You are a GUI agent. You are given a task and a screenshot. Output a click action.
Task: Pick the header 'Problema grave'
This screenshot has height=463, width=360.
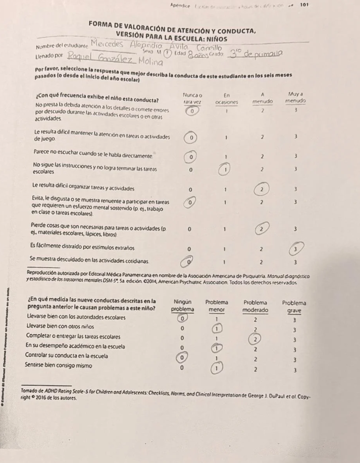pos(295,305)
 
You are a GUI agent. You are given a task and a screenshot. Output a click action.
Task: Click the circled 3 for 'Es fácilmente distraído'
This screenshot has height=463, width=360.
pos(295,248)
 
